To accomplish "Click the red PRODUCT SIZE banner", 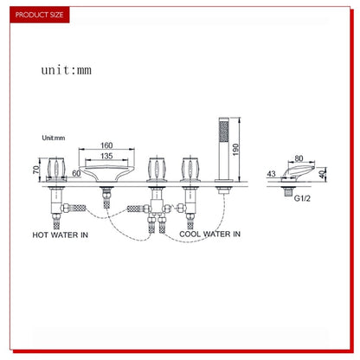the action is click(40, 15).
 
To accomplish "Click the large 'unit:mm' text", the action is click(67, 70).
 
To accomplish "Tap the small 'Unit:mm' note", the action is click(54, 138).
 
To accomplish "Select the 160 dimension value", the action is click(106, 145).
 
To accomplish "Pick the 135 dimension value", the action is click(106, 156).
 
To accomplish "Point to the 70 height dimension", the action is click(36, 170).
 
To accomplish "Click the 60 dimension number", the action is click(76, 173).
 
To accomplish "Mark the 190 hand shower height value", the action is click(235, 150).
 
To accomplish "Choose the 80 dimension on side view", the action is click(299, 158).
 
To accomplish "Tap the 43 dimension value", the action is click(271, 174).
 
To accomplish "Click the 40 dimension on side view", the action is click(323, 173).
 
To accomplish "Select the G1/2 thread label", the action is click(302, 198).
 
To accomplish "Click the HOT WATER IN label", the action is click(60, 235).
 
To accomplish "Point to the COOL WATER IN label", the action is click(209, 234).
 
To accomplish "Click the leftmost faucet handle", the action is click(56, 170).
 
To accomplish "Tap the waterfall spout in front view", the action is click(106, 173).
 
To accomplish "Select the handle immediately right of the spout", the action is click(157, 170).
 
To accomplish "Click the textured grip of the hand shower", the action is click(224, 132).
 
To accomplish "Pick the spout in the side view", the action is click(298, 173).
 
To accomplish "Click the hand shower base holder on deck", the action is click(224, 181).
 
